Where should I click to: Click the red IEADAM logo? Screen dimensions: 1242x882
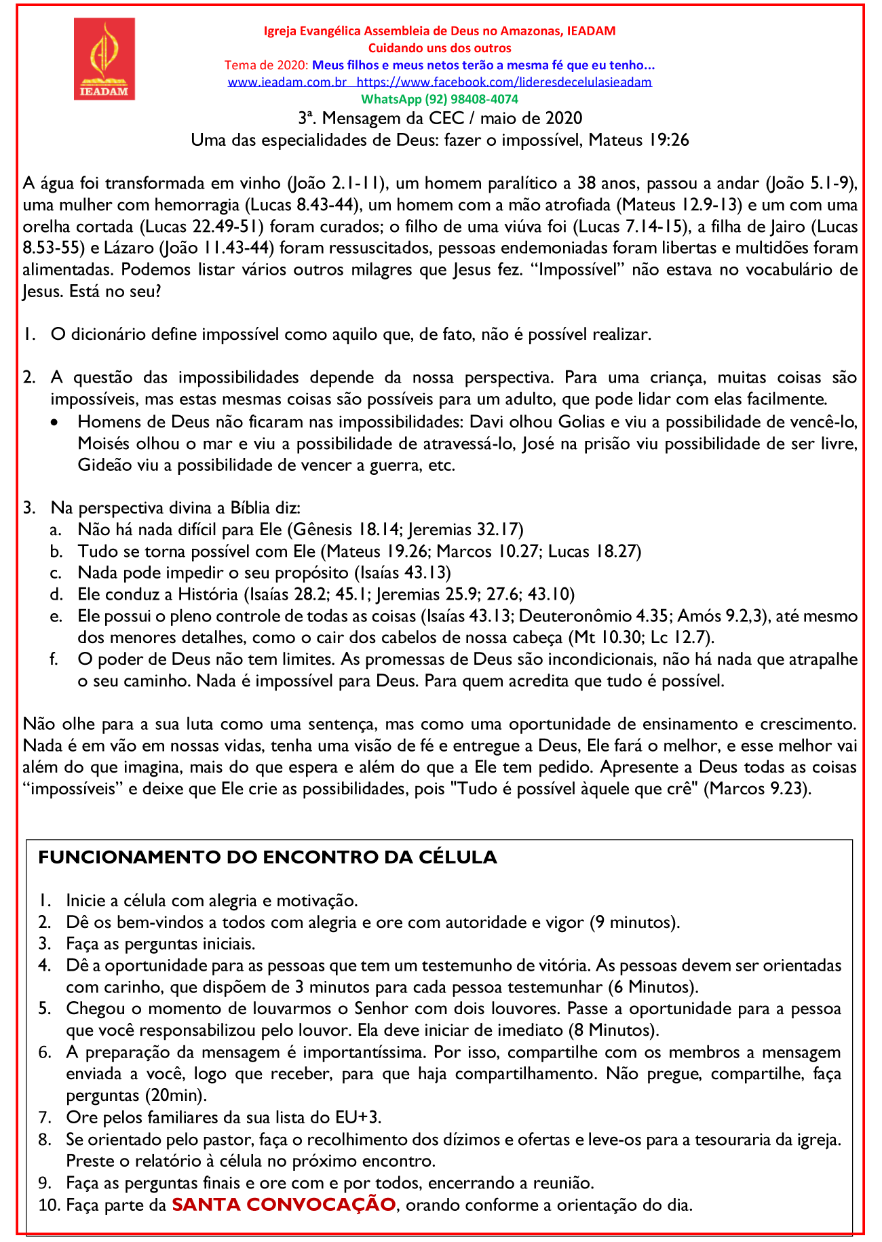click(x=104, y=59)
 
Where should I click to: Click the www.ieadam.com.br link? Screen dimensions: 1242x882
click(x=287, y=82)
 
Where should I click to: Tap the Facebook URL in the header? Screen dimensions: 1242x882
click(x=503, y=82)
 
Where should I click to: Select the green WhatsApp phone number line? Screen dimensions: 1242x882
click(x=440, y=99)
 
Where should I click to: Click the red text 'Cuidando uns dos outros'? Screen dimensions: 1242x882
click(x=440, y=48)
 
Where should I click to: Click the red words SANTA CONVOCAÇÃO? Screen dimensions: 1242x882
click(x=284, y=1205)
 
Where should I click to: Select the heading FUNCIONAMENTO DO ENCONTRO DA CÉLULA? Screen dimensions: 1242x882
click(x=267, y=857)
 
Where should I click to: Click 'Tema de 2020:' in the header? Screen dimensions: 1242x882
click(x=267, y=65)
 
